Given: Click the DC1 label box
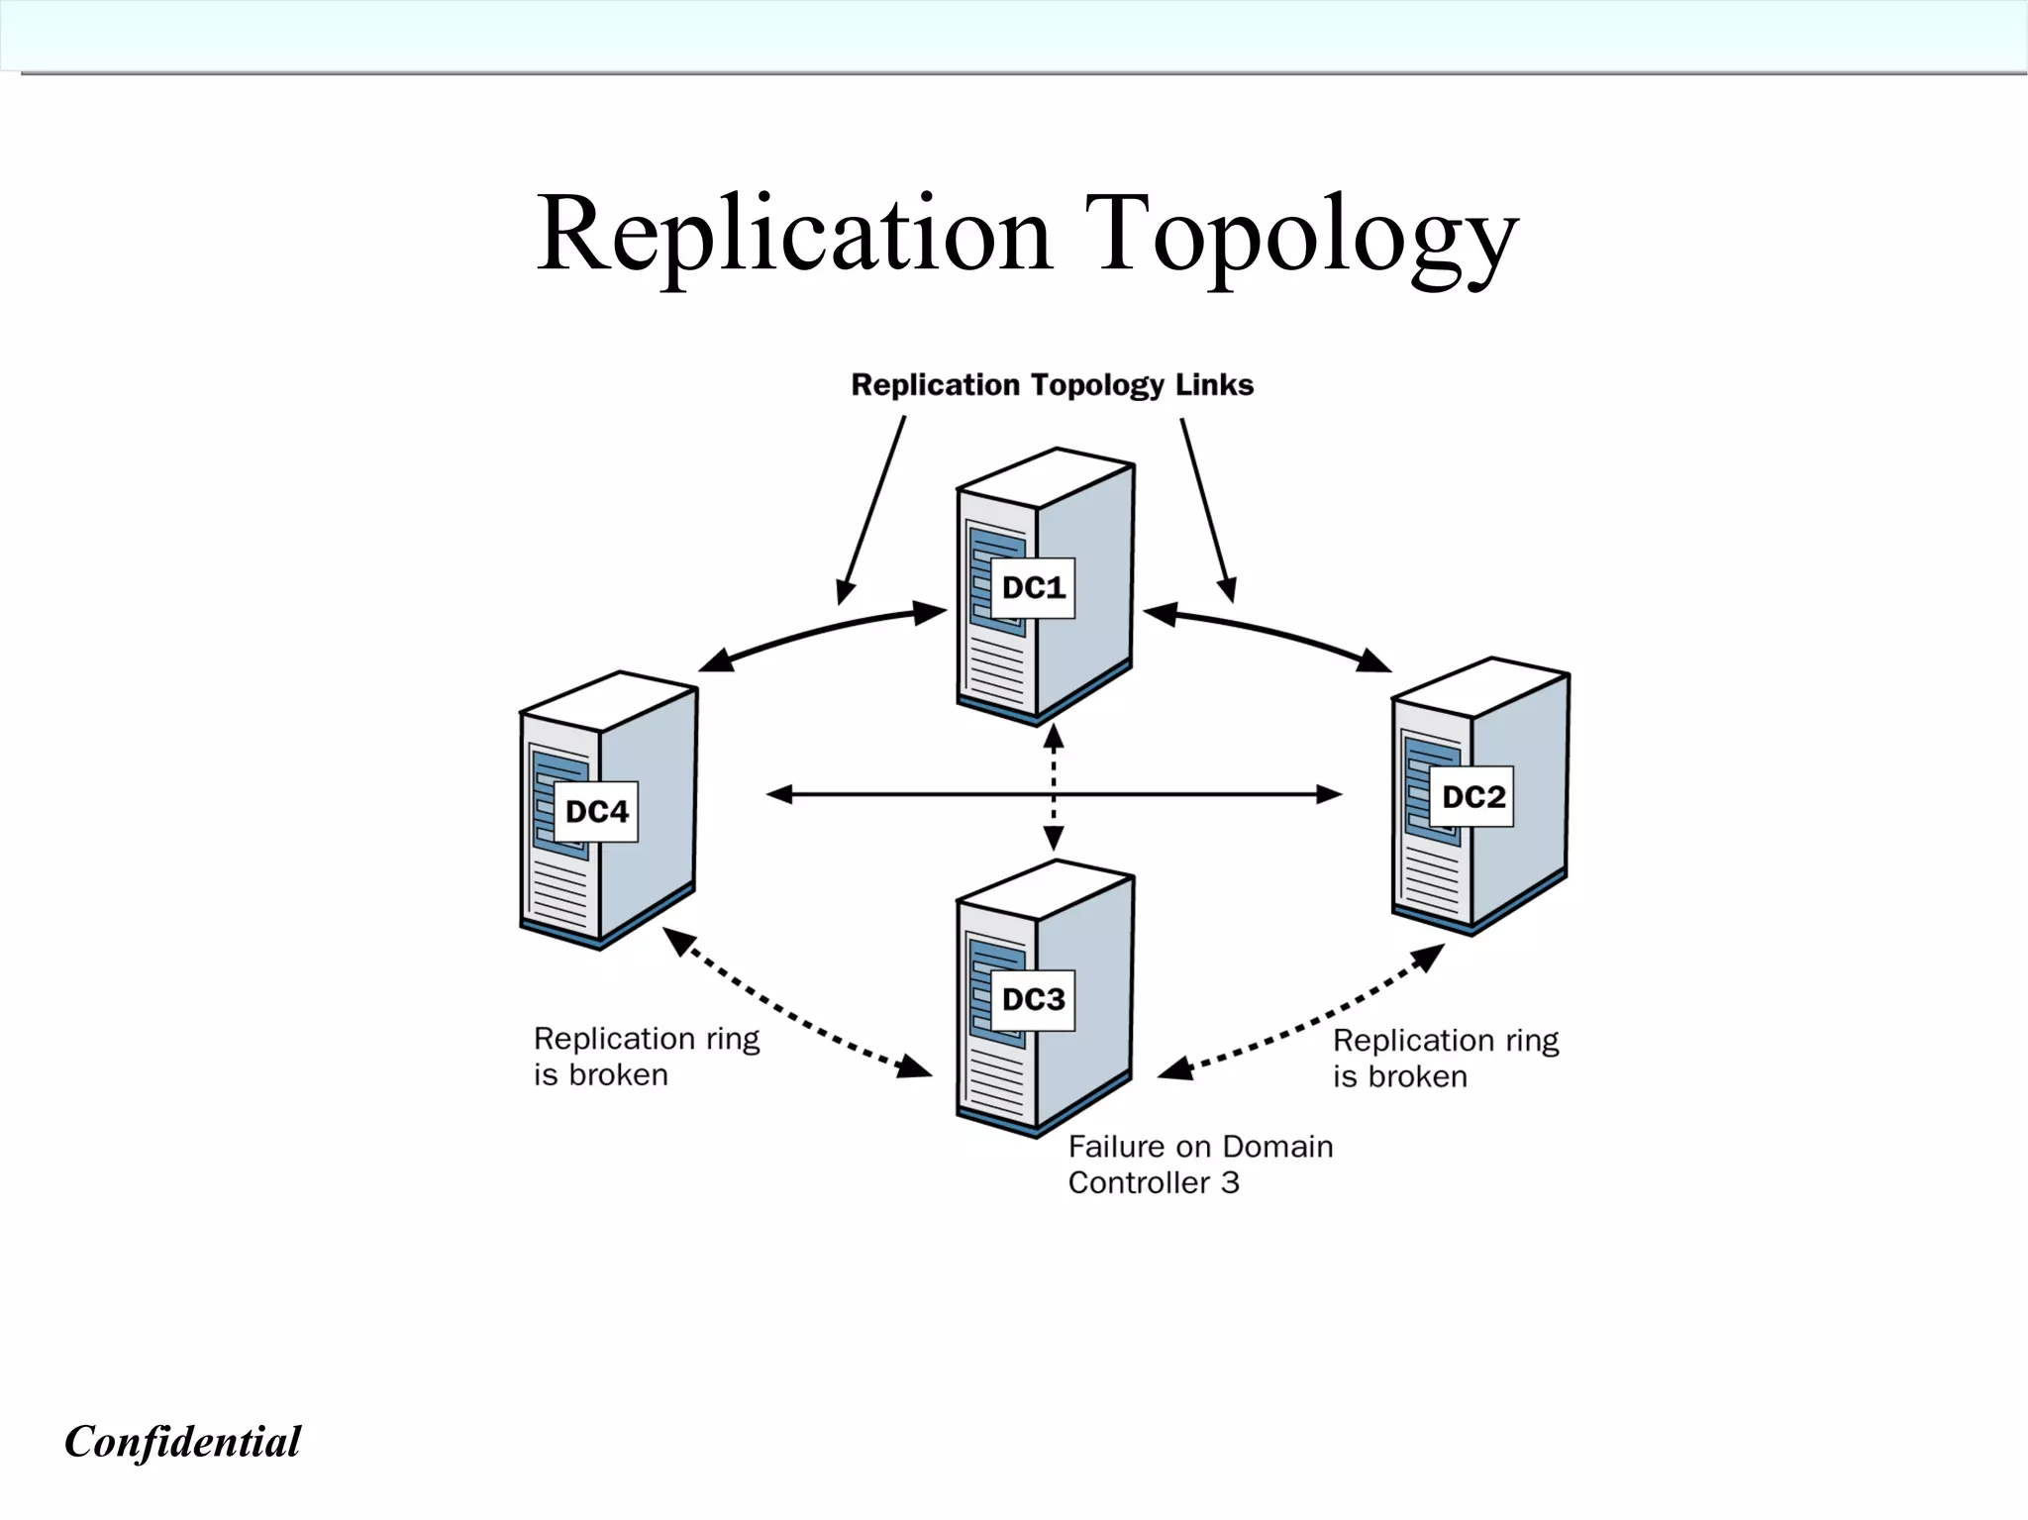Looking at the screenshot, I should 1033,588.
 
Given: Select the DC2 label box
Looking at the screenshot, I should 1471,797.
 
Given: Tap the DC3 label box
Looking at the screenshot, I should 1033,1000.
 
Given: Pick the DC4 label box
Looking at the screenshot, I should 596,812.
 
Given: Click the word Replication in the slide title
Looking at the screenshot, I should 792,235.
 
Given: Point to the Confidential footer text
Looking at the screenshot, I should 182,1441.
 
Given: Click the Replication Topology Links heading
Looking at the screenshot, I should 1052,385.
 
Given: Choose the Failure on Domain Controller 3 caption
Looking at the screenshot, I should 1199,1165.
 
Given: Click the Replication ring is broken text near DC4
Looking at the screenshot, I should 646,1057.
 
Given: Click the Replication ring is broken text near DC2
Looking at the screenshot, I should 1445,1059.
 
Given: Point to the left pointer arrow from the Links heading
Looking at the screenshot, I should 871,510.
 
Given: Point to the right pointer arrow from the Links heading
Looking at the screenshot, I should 1207,510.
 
